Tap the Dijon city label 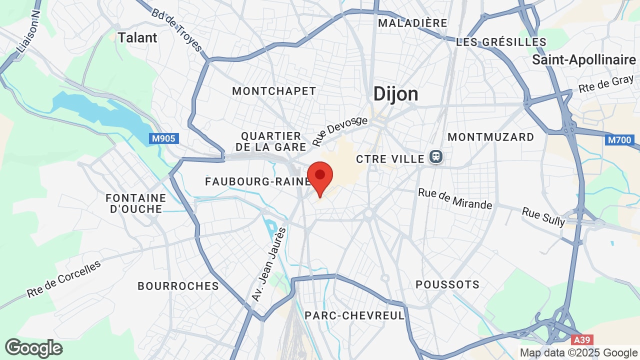pyautogui.click(x=396, y=94)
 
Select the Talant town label pyautogui.click(x=137, y=37)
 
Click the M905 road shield pyautogui.click(x=163, y=138)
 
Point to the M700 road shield pyautogui.click(x=620, y=140)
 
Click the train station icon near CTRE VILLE pyautogui.click(x=435, y=157)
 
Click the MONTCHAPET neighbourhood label pyautogui.click(x=274, y=91)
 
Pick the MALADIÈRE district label pyautogui.click(x=412, y=23)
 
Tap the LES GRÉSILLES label pyautogui.click(x=501, y=42)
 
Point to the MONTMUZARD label pyautogui.click(x=491, y=137)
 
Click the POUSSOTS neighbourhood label pyautogui.click(x=447, y=284)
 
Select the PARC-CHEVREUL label pyautogui.click(x=354, y=315)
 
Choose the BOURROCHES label pyautogui.click(x=178, y=286)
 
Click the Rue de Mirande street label pyautogui.click(x=455, y=198)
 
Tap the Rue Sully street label pyautogui.click(x=543, y=216)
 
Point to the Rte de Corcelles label pyautogui.click(x=63, y=279)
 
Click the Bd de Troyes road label pyautogui.click(x=177, y=30)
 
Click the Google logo pyautogui.click(x=33, y=348)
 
